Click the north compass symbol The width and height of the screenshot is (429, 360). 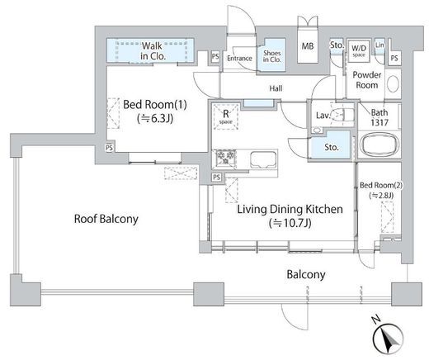[388, 339]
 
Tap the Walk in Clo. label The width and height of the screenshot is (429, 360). [153, 50]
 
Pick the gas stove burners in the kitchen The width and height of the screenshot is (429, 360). [226, 159]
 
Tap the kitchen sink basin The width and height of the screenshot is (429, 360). [263, 159]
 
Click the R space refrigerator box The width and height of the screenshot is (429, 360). [226, 116]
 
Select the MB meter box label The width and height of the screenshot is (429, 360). [308, 46]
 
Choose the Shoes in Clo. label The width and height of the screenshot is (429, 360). [271, 56]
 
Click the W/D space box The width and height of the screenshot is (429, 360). [359, 51]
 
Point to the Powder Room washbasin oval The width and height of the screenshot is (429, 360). [393, 83]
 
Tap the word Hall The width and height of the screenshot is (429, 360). [276, 88]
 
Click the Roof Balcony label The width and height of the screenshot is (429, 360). [106, 219]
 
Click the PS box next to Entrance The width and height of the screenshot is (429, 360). [215, 56]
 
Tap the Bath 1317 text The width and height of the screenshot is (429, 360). [379, 117]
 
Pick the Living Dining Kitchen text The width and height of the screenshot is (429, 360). [290, 210]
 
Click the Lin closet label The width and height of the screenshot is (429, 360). [379, 45]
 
